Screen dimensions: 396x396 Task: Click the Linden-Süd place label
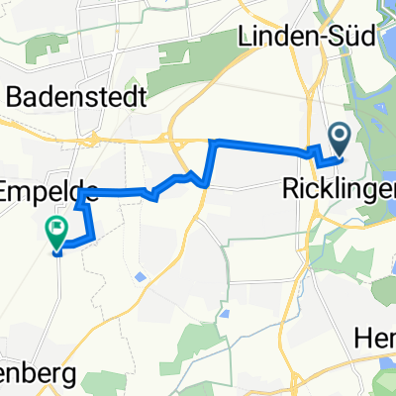pos(308,38)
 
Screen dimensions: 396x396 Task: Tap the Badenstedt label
pos(76,97)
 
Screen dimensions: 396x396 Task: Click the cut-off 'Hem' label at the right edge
pos(378,338)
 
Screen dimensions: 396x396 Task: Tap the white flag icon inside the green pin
pos(55,231)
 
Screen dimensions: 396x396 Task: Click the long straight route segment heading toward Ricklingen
pos(262,148)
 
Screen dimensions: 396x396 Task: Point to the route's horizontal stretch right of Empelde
pos(114,190)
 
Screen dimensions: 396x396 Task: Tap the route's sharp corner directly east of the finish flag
pos(94,239)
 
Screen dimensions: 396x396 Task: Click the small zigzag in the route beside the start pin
pos(319,153)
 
